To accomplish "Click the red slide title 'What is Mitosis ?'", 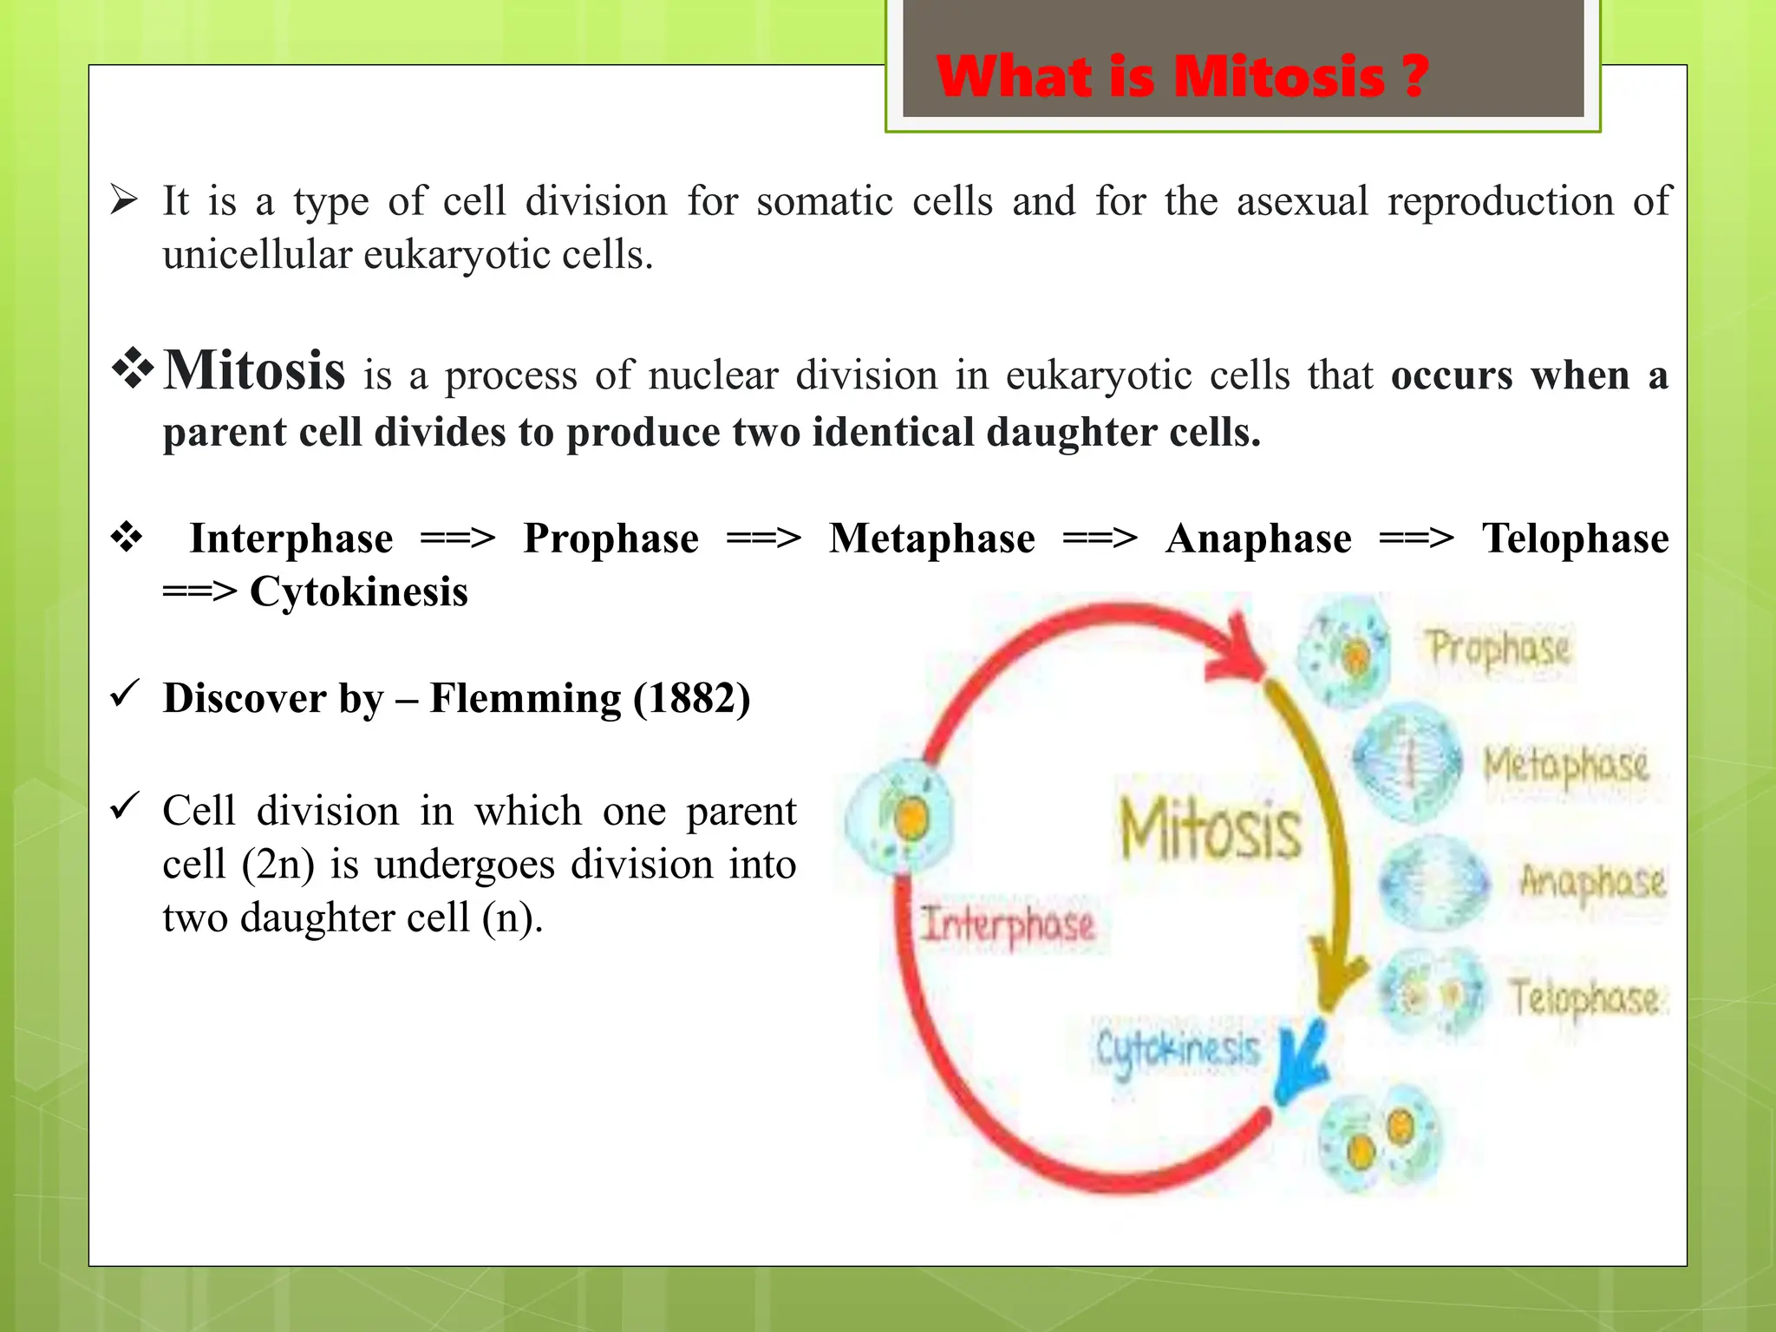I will (x=1182, y=77).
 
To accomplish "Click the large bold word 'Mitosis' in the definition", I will (x=255, y=371).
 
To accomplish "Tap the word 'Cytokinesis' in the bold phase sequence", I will (x=358, y=592).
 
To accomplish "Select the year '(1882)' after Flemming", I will (x=691, y=699).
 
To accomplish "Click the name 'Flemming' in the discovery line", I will (x=524, y=699).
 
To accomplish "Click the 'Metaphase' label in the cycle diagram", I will (x=1565, y=766).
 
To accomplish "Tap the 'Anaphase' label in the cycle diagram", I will (x=1592, y=882).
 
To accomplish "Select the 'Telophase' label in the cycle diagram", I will (x=1584, y=997).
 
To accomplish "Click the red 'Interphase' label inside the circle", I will (x=1008, y=924).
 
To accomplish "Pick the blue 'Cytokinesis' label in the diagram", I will (x=1177, y=1050).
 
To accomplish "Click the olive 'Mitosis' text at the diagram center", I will (x=1211, y=830).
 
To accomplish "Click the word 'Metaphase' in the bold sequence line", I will (x=931, y=539).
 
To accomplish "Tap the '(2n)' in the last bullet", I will (x=277, y=865).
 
